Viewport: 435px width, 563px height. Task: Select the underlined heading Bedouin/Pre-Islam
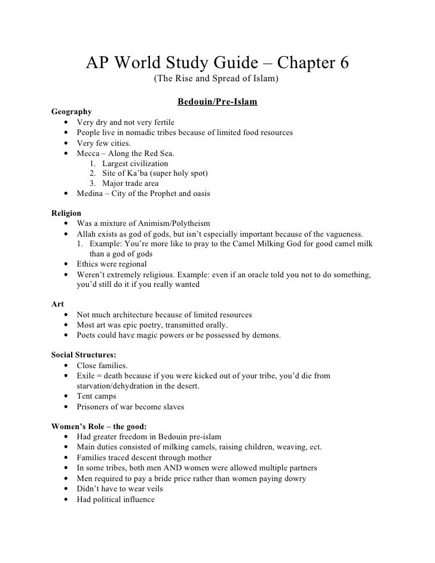click(x=217, y=102)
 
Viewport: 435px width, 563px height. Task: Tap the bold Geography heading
click(x=72, y=112)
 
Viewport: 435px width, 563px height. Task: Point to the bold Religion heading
click(x=67, y=213)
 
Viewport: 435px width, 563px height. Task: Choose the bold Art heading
click(x=58, y=304)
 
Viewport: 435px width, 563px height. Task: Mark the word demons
click(x=263, y=335)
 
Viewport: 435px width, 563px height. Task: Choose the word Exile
click(x=87, y=375)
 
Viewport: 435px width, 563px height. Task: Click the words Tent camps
click(x=97, y=396)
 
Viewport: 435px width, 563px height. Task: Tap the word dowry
click(x=294, y=478)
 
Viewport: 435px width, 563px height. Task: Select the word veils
click(x=152, y=488)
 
